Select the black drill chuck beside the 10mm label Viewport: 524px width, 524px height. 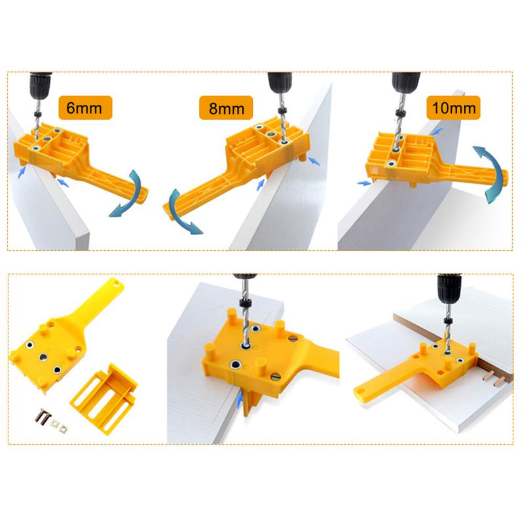point(402,81)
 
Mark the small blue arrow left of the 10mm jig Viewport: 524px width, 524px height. point(362,183)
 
